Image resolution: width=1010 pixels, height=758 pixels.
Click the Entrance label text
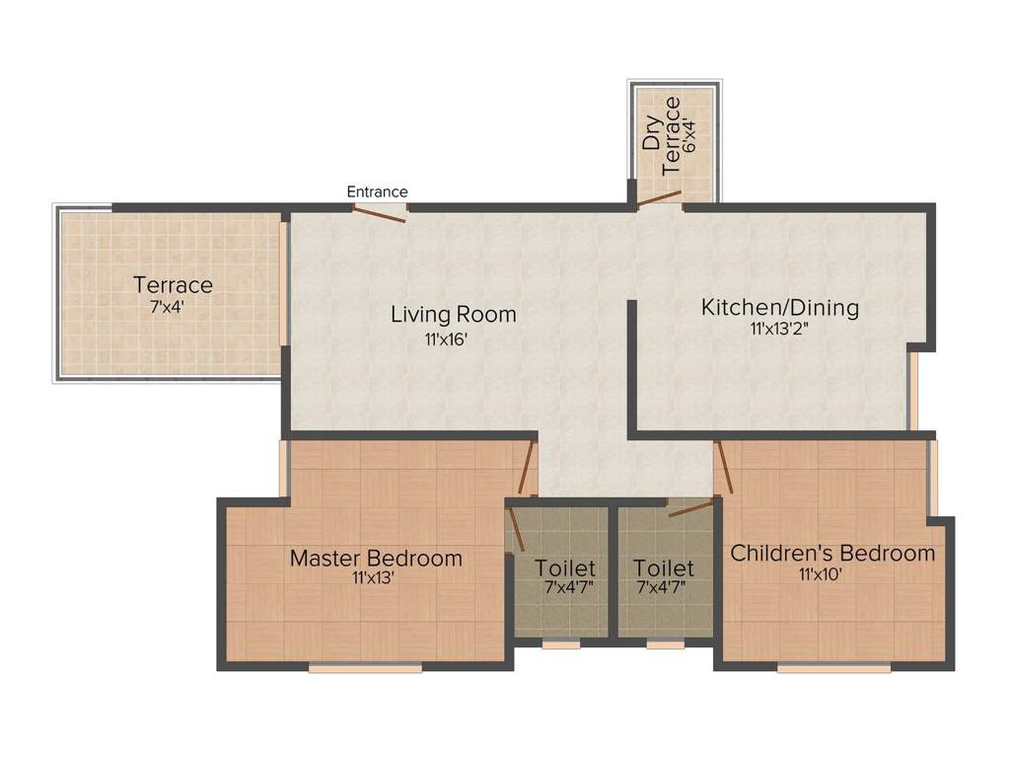point(377,191)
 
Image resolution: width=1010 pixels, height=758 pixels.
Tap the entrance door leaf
point(380,214)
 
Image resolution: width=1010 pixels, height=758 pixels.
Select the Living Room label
point(454,315)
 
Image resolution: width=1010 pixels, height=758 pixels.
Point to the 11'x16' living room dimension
point(445,340)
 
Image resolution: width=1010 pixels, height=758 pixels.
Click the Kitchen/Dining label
point(780,308)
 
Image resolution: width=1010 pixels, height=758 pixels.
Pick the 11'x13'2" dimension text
point(779,329)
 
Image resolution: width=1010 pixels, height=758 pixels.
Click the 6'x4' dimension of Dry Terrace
point(689,134)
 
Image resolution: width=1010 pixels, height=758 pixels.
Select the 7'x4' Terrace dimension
point(168,308)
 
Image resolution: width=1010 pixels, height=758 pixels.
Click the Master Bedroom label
point(376,558)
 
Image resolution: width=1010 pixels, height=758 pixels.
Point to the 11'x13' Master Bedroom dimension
point(373,577)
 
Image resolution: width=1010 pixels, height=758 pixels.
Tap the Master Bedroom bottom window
point(365,668)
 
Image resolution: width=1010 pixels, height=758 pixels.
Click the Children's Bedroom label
point(832,553)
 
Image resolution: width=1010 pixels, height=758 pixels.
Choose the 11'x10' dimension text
point(820,573)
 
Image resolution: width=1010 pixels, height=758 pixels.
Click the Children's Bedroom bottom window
point(833,668)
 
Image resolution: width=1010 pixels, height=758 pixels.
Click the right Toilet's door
point(691,507)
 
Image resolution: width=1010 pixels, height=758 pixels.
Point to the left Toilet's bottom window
point(560,644)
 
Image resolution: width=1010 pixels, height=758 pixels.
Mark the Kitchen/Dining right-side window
point(912,391)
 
